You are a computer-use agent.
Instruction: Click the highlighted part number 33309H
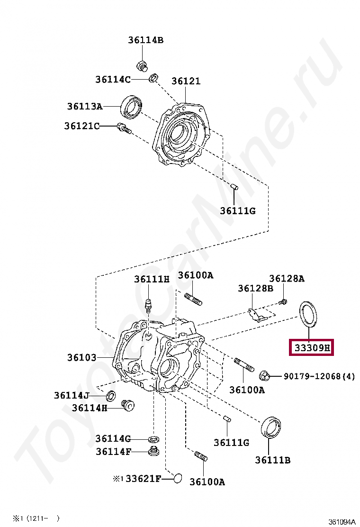tap(312, 348)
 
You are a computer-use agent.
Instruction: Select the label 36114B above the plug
tap(145, 40)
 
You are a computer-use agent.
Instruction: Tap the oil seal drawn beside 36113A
tap(132, 107)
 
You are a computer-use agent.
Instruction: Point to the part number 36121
tap(186, 81)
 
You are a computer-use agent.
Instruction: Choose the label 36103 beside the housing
tap(81, 358)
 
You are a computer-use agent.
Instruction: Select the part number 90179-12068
tap(312, 377)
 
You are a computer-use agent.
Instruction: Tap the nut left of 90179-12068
tap(264, 377)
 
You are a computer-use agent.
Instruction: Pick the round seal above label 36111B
tap(271, 427)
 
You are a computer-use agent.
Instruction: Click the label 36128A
tap(287, 279)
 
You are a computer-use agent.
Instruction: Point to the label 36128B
tap(255, 288)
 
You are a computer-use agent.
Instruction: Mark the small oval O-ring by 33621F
tap(177, 479)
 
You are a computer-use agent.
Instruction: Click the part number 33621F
tap(143, 479)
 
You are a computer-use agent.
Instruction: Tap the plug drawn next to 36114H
tap(128, 406)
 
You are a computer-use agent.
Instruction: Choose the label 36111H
tap(151, 280)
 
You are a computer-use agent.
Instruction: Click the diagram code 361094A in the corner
tap(342, 522)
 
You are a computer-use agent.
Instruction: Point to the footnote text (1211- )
tap(43, 518)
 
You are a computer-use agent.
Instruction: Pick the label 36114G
tap(113, 439)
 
